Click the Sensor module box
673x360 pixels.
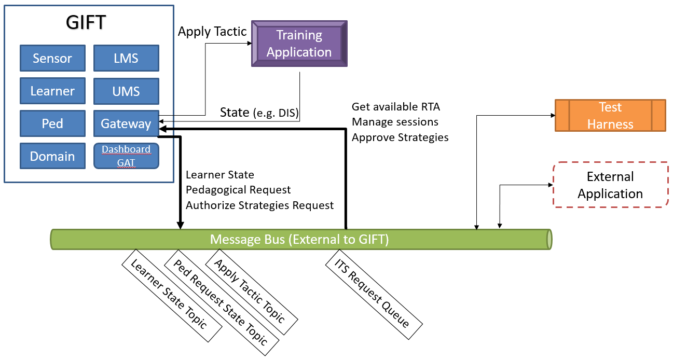pyautogui.click(x=52, y=58)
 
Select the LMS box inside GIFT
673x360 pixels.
pyautogui.click(x=126, y=58)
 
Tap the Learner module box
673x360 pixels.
pyautogui.click(x=52, y=91)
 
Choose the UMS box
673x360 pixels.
pyautogui.click(x=126, y=91)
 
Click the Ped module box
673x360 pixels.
pyautogui.click(x=52, y=123)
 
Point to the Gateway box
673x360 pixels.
pyautogui.click(x=126, y=123)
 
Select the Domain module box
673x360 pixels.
pyautogui.click(x=52, y=156)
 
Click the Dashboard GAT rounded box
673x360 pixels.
pyautogui.click(x=126, y=156)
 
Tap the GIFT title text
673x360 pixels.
pyautogui.click(x=86, y=22)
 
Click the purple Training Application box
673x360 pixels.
pyautogui.click(x=299, y=44)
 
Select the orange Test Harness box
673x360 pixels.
pyautogui.click(x=610, y=116)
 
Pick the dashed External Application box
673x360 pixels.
pyautogui.click(x=611, y=185)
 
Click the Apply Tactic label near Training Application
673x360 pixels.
pyautogui.click(x=212, y=32)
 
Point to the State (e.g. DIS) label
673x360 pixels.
pyautogui.click(x=259, y=113)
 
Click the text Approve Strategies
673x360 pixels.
pyautogui.click(x=400, y=137)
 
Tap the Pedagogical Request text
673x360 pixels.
pyautogui.click(x=238, y=190)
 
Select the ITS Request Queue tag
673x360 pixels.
pyautogui.click(x=374, y=294)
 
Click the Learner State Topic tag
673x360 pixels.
pyautogui.click(x=172, y=296)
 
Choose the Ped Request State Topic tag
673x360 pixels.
pyautogui.click(x=222, y=302)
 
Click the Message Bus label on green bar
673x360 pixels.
pyautogui.click(x=299, y=239)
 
